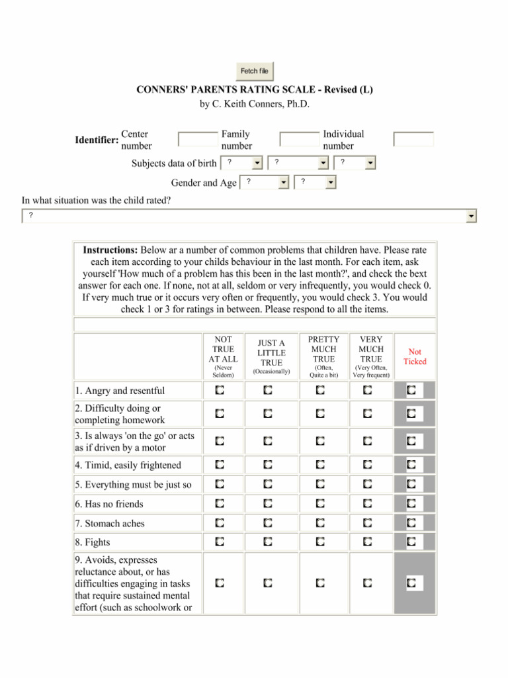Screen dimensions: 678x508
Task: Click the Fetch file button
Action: [255, 71]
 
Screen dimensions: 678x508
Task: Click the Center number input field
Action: [198, 140]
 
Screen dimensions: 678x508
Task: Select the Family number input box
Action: [299, 140]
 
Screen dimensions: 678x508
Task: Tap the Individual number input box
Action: [413, 140]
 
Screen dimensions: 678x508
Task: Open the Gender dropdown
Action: [265, 182]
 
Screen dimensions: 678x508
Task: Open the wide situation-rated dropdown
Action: [249, 216]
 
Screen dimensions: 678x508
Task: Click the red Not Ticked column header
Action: [415, 357]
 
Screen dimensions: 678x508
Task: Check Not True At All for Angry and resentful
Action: [219, 391]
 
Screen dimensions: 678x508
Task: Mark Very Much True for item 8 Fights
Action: [367, 542]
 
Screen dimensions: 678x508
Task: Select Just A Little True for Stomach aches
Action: [267, 523]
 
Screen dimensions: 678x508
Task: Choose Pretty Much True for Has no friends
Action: [320, 504]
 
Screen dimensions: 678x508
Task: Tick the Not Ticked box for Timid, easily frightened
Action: [411, 465]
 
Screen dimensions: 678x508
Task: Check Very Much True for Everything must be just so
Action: [367, 485]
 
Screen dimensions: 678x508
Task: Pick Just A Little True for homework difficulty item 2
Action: [267, 414]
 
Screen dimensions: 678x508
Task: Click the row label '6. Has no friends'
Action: [109, 504]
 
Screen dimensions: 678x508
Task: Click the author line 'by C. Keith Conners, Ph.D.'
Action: [255, 104]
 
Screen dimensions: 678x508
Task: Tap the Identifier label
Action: [97, 140]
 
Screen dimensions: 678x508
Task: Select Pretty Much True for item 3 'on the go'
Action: [320, 440]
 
